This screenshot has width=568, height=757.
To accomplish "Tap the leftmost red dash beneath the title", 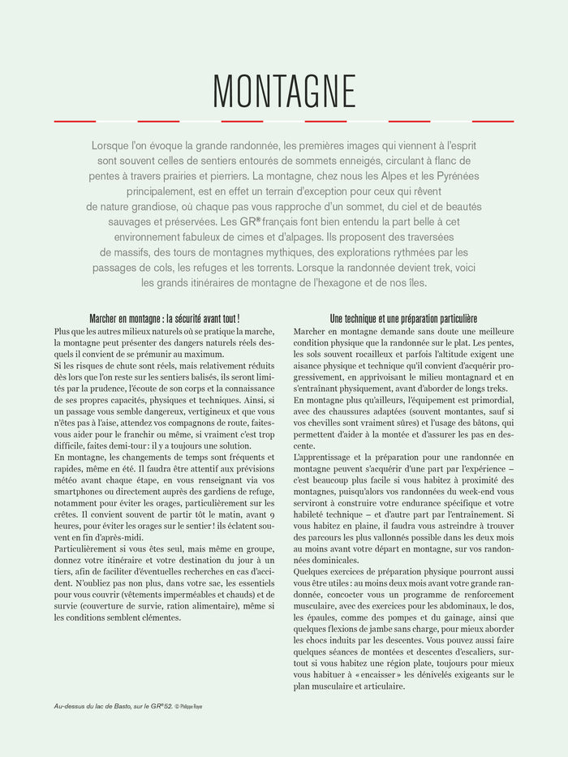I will [75, 121].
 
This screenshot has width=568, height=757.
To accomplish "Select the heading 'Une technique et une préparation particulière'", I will [403, 319].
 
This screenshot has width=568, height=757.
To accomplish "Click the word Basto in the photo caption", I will [123, 706].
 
